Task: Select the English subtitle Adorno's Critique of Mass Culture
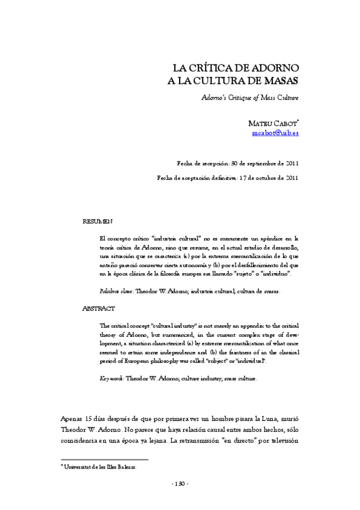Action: click(250, 96)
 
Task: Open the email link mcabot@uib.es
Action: click(275, 133)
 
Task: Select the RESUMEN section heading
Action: click(97, 222)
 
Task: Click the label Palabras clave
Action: click(116, 291)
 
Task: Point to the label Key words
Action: click(112, 379)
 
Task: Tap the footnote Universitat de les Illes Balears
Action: click(101, 466)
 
